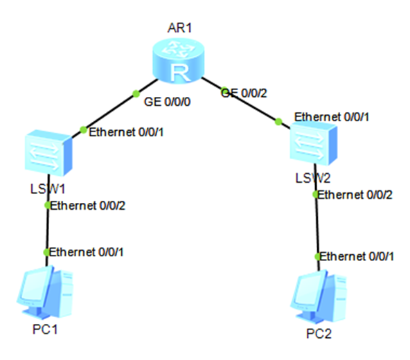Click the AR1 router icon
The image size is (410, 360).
tap(178, 61)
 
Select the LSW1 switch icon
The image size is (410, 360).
tap(48, 153)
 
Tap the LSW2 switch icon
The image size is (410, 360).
tap(314, 143)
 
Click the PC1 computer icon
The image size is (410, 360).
tap(45, 293)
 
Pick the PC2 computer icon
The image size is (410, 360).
tap(319, 297)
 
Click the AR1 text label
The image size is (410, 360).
tap(180, 28)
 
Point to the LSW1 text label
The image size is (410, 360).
tap(48, 189)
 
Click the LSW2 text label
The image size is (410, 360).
tap(313, 178)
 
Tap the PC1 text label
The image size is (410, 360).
tap(45, 329)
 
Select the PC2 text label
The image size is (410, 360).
tap(319, 334)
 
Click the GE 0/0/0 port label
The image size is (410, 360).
tap(167, 102)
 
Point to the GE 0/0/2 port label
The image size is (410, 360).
tap(244, 93)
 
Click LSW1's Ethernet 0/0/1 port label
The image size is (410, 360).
tap(126, 132)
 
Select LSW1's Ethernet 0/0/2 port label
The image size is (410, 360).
tap(87, 206)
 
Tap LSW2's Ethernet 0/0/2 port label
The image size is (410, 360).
tap(355, 195)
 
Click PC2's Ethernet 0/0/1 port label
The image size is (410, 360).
tap(357, 256)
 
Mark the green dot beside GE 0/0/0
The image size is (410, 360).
tap(136, 93)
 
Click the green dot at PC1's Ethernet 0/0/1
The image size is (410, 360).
tap(46, 252)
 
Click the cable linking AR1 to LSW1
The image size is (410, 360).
tap(115, 108)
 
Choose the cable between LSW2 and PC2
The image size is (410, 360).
tap(317, 217)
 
